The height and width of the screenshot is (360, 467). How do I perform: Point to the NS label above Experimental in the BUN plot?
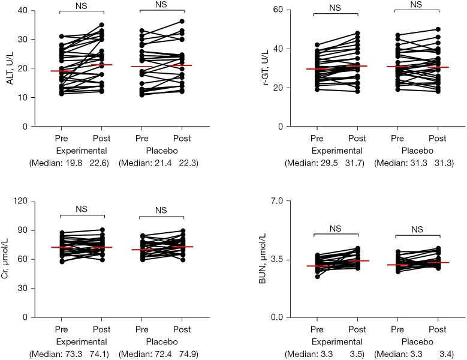point(336,229)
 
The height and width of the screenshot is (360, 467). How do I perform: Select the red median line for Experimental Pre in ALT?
point(61,71)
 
